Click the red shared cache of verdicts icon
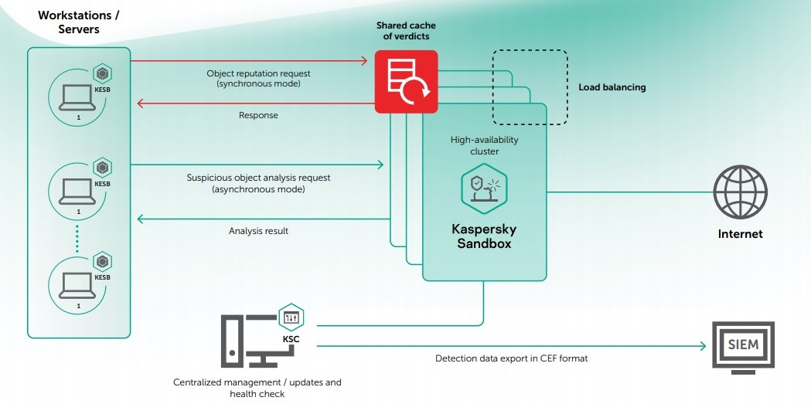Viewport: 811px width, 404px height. click(x=406, y=82)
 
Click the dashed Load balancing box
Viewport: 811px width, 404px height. click(x=530, y=87)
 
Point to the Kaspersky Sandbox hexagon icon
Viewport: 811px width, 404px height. click(x=483, y=190)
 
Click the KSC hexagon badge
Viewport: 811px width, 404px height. click(x=291, y=317)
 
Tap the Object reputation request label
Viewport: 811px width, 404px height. click(x=258, y=78)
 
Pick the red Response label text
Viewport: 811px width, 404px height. click(x=258, y=115)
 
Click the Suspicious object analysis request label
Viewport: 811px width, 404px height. click(x=258, y=183)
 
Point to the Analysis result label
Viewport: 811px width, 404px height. click(x=258, y=230)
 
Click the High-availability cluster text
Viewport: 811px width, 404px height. click(x=484, y=146)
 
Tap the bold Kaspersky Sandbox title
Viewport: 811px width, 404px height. click(x=484, y=236)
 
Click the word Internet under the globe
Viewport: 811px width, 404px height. click(x=740, y=234)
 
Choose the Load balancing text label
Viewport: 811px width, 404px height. click(x=612, y=87)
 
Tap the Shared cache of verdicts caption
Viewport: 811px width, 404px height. click(x=406, y=31)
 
